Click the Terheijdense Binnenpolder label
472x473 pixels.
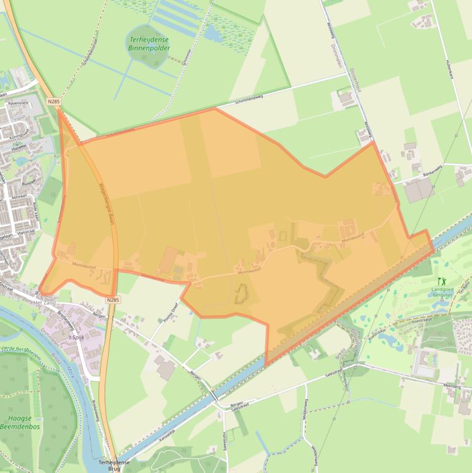tap(149, 43)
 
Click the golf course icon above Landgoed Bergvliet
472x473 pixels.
tap(442, 281)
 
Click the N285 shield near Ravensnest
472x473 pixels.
tap(53, 101)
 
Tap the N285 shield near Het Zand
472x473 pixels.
tap(111, 300)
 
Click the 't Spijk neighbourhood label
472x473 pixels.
tap(76, 337)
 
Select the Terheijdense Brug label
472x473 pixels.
tap(114, 465)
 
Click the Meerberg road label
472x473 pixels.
tap(451, 385)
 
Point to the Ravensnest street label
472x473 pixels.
tap(19, 104)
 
